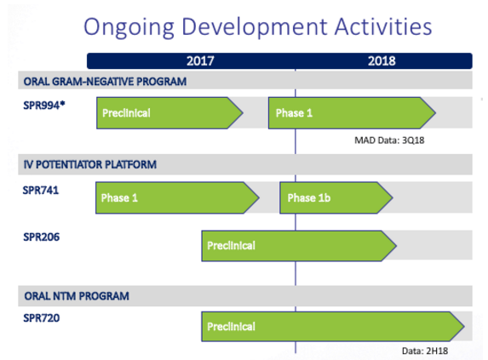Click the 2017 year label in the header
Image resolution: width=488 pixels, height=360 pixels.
[200, 61]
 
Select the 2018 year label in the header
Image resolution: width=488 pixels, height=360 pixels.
[382, 61]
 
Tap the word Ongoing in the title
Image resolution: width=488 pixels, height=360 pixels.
[129, 27]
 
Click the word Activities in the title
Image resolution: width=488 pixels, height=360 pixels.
[383, 26]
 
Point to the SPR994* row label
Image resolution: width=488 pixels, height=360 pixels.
[44, 106]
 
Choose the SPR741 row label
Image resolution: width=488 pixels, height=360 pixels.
[41, 190]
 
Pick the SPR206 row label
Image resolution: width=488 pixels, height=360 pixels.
[42, 237]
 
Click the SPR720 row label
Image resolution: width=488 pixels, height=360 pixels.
[42, 318]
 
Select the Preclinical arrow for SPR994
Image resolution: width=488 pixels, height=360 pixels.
[169, 113]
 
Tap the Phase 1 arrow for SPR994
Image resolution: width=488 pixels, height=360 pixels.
[352, 113]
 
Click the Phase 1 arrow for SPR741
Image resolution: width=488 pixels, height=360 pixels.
[177, 197]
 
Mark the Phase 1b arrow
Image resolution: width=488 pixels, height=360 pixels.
[336, 197]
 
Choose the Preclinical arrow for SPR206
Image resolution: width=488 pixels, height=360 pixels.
[299, 246]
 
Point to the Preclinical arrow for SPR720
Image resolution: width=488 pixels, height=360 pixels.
[333, 327]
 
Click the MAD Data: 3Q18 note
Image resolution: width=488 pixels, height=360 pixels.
[389, 140]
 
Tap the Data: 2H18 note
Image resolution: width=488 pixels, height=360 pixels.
[425, 351]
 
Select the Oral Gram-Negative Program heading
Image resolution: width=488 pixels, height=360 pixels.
[106, 82]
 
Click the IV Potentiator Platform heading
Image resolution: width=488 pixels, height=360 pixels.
[90, 164]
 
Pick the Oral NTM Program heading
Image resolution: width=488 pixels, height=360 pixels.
[77, 296]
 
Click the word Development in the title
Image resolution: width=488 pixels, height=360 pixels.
[255, 27]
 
